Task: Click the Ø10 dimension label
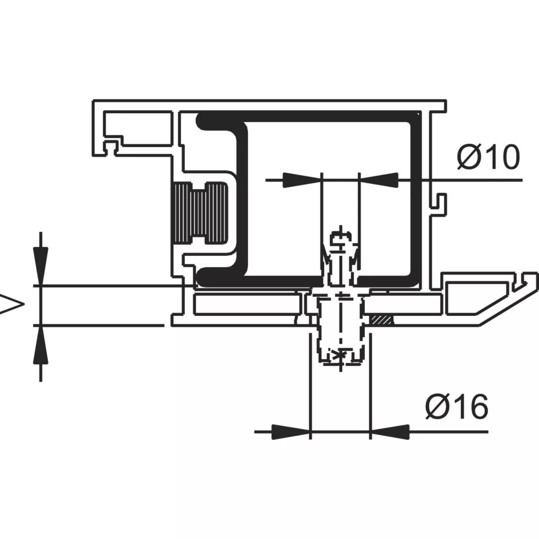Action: (488, 157)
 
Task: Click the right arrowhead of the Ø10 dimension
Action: (379, 180)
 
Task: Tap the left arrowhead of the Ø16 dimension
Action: (291, 432)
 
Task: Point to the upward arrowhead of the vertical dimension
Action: (41, 344)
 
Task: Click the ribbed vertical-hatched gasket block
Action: (199, 213)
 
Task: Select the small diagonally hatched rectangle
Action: (381, 320)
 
